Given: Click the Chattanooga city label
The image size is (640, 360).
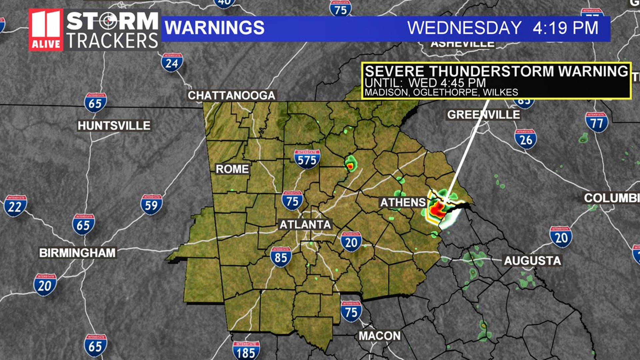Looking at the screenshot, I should click(x=231, y=96).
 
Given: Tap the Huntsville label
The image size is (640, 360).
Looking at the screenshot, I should click(x=114, y=126).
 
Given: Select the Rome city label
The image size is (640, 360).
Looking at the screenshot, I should click(x=232, y=169).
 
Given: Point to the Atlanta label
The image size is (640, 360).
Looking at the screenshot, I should click(x=305, y=225).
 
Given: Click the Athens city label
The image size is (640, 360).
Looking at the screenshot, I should click(x=403, y=202).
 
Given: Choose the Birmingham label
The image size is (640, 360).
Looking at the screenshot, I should click(x=77, y=253).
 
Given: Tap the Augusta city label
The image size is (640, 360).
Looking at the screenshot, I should click(x=532, y=260).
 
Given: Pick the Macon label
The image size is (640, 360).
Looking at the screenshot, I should click(x=380, y=336).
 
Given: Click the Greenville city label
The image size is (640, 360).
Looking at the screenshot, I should click(x=483, y=115).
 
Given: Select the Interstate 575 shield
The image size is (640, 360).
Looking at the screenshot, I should click(x=307, y=159).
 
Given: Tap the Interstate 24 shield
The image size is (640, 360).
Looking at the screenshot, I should click(x=172, y=62).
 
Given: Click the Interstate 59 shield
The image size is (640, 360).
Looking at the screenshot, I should click(x=151, y=204).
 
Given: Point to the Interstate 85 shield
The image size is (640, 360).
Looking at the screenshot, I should click(x=281, y=257).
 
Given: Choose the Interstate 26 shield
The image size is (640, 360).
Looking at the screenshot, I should click(x=526, y=139).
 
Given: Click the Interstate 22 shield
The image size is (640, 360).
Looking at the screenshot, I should click(x=15, y=206).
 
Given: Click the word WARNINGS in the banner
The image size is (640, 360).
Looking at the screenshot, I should click(x=214, y=28).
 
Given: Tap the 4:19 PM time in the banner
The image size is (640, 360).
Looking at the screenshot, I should click(x=565, y=28).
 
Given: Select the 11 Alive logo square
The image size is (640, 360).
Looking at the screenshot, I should click(x=46, y=30).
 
